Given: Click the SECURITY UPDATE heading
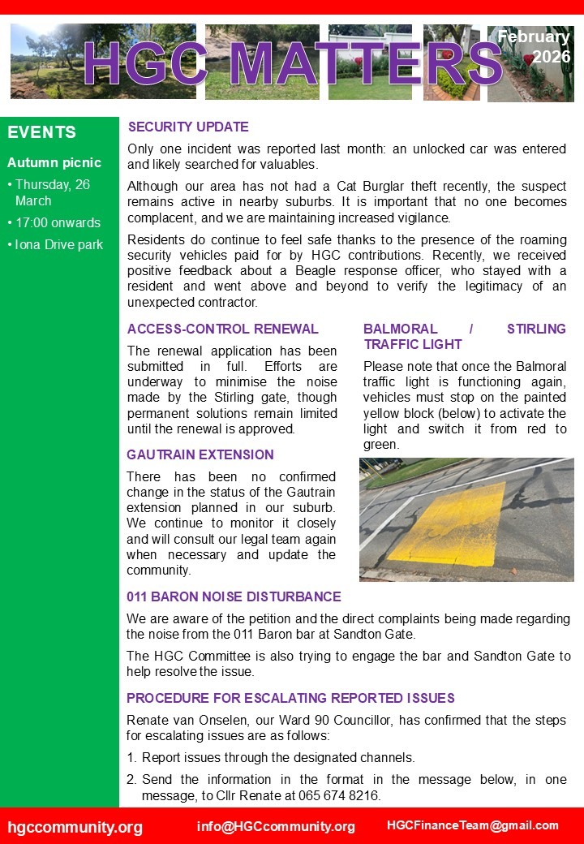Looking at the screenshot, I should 188,127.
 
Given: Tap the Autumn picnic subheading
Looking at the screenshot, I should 54,163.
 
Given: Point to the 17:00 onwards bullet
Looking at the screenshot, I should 58,222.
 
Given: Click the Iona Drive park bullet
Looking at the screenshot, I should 59,244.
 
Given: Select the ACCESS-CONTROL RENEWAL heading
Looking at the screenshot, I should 223,329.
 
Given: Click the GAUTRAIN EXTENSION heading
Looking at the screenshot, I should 200,455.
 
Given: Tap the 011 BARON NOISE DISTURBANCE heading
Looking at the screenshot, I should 234,597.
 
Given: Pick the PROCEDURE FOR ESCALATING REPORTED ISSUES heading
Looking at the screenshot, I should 290,699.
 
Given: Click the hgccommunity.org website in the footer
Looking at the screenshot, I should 75,827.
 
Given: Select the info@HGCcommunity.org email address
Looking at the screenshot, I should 276,826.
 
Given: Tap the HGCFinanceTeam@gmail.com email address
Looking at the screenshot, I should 473,825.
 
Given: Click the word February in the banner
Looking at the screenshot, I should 533,37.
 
